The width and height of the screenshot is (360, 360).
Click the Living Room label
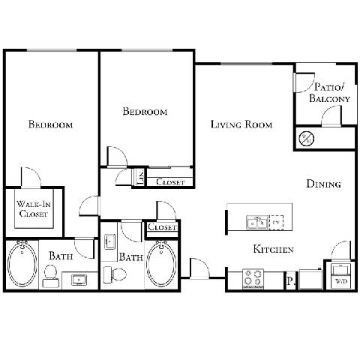click(x=241, y=124)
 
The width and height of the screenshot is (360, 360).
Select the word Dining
click(x=324, y=184)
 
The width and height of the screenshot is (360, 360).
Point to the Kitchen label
click(x=272, y=250)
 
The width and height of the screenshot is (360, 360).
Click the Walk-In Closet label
click(x=33, y=208)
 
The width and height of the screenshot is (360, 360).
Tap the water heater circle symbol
click(x=306, y=138)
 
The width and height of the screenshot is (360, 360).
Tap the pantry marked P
click(x=289, y=281)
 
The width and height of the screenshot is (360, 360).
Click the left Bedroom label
click(x=50, y=124)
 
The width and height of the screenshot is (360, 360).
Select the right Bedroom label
click(x=145, y=111)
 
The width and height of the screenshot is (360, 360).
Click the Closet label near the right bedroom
click(x=171, y=181)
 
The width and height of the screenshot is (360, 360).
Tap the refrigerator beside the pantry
click(x=309, y=279)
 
